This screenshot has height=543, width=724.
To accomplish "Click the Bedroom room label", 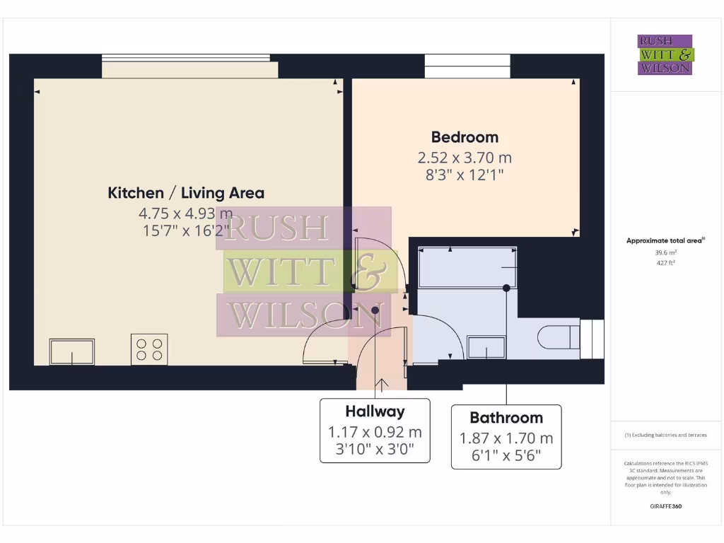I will [465, 137].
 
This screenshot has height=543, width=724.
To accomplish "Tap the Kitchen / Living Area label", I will [186, 192].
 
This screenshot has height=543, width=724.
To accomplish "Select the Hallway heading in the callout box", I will [375, 411].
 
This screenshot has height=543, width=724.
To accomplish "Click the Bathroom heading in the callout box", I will [506, 417].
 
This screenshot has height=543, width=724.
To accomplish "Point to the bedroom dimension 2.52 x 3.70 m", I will [465, 158].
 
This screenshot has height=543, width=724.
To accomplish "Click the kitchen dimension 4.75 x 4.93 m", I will [186, 213].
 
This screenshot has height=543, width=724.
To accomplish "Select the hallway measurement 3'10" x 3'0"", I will [375, 448].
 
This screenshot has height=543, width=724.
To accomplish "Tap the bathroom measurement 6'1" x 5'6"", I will [506, 455].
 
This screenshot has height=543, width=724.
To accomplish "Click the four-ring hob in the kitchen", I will [149, 349].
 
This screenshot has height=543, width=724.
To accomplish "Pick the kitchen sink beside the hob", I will [71, 352].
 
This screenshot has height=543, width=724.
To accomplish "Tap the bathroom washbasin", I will [486, 347].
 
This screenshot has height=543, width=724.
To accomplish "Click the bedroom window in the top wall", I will [467, 66].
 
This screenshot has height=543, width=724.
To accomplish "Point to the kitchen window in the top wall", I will [189, 66].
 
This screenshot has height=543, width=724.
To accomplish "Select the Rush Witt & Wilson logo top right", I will [665, 55].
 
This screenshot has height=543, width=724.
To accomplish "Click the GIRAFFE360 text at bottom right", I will [665, 506].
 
